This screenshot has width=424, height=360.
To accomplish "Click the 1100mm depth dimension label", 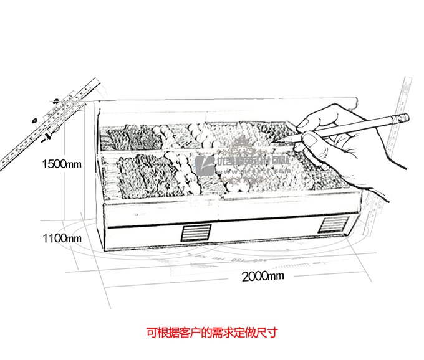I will click(62, 238).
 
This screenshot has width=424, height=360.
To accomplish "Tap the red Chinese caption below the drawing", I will click(211, 333).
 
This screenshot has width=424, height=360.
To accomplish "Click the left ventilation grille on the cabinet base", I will click(195, 232).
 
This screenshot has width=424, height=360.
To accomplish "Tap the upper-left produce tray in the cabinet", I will click(131, 136).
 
